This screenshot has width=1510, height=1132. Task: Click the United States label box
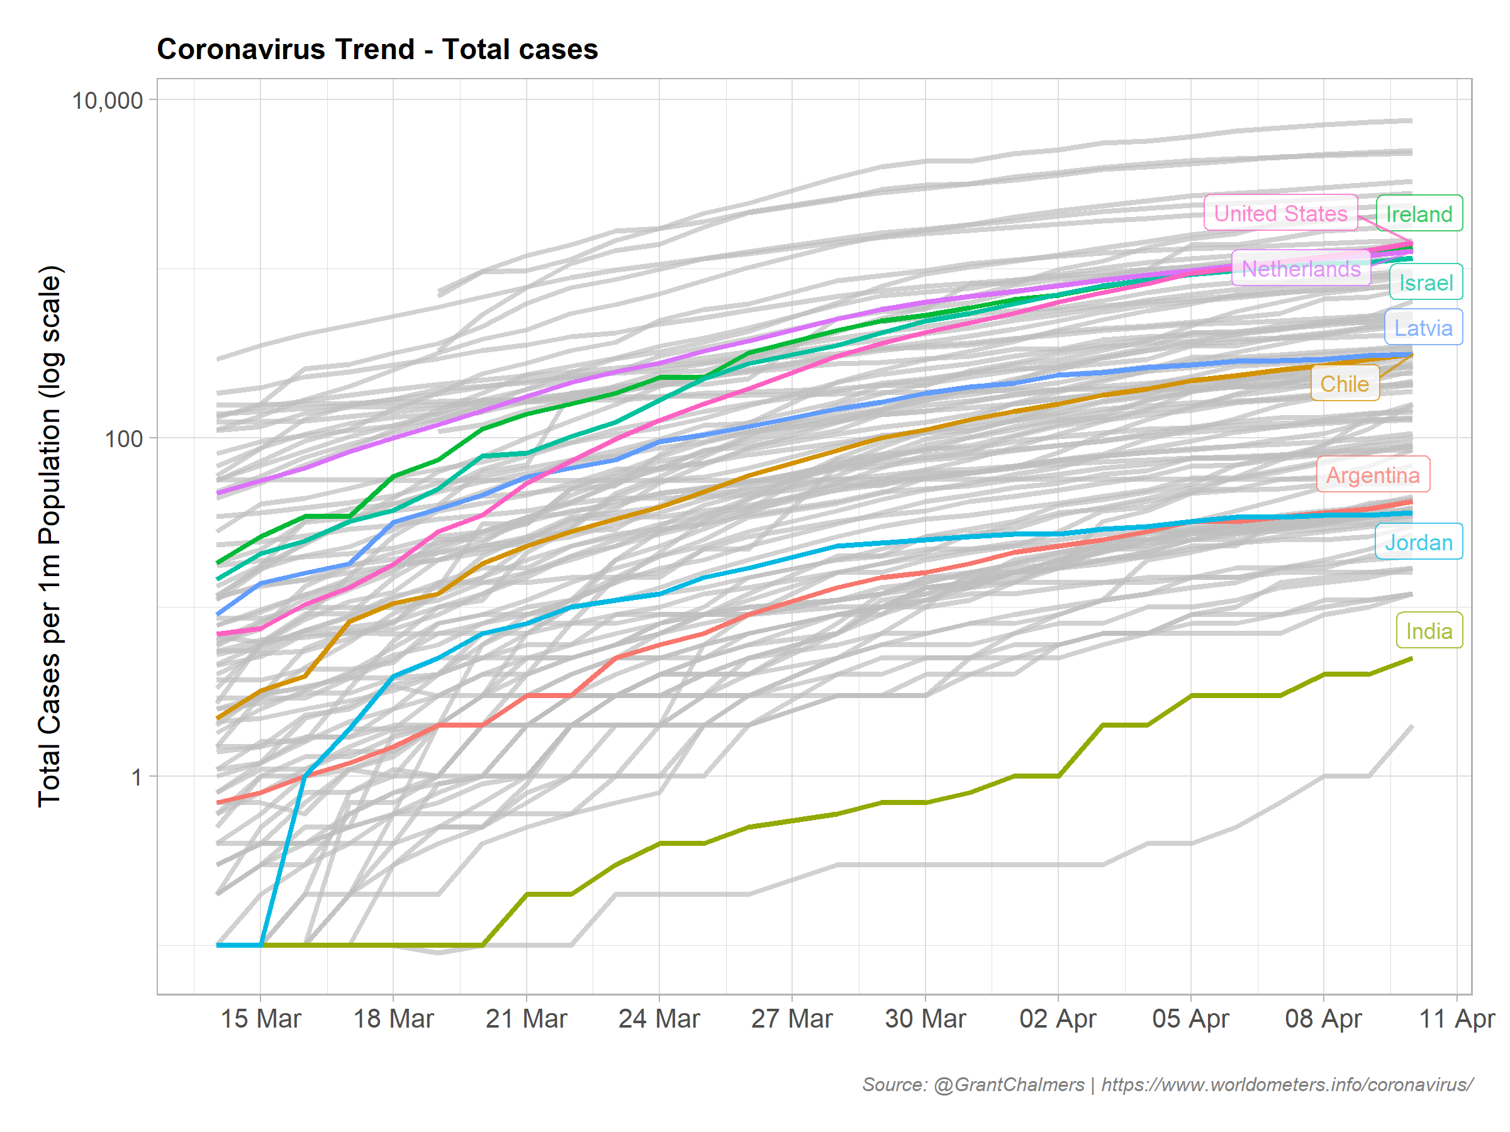[1280, 213]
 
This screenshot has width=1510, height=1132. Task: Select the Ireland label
[1419, 214]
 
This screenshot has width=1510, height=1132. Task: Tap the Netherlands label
[1300, 268]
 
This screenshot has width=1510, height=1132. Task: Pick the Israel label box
[1425, 282]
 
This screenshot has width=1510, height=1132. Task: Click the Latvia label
[1423, 328]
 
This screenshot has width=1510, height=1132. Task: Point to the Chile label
[1344, 384]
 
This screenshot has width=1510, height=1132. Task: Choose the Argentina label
[1372, 474]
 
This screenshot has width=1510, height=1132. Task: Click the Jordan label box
[1418, 541]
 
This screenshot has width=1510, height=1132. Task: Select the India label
[1428, 631]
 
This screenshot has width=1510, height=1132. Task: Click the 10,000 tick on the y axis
[107, 100]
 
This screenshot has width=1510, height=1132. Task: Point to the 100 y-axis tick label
[123, 438]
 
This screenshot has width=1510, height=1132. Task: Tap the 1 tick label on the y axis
[137, 777]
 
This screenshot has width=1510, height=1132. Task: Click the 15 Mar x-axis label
[260, 1019]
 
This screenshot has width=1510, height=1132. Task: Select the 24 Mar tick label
[659, 1019]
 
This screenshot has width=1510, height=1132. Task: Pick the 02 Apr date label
[1058, 1019]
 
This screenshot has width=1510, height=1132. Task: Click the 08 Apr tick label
[1323, 1019]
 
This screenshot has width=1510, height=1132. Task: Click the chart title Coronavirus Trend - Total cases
[377, 49]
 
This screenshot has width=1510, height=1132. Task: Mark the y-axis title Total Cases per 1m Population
[49, 536]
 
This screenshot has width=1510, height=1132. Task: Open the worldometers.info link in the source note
[1287, 1085]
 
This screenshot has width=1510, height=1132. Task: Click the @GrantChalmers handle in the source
[1009, 1085]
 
